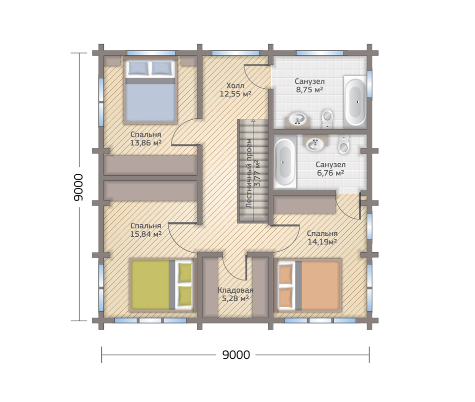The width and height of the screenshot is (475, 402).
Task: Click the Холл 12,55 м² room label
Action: [236, 90]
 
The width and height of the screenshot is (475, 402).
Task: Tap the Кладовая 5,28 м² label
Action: [236, 294]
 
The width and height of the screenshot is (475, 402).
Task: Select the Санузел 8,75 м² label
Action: [309, 85]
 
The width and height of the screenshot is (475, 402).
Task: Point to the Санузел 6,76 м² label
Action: [330, 169]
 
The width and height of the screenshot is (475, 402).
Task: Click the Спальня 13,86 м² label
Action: [146, 138]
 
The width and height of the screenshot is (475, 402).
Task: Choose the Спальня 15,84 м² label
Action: [146, 230]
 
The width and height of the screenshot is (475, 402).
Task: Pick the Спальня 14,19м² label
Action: [322, 237]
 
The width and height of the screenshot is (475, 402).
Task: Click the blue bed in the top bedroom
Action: [150, 91]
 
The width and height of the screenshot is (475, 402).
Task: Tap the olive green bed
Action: [162, 285]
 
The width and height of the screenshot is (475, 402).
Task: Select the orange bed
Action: [309, 285]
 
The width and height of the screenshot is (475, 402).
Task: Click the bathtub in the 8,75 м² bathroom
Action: [355, 102]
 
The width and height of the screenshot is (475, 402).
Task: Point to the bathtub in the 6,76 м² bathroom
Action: [285, 162]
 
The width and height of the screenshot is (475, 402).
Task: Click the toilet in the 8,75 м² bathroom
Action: [327, 119]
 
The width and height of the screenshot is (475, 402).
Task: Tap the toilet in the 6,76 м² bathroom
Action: [343, 144]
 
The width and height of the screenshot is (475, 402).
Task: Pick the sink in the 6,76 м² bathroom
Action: [316, 144]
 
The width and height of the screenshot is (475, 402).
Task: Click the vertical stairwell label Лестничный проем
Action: [249, 173]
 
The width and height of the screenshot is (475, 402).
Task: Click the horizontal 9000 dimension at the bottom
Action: [236, 354]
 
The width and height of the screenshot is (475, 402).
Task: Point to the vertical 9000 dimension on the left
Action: [78, 187]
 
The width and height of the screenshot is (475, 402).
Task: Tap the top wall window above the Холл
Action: [236, 53]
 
